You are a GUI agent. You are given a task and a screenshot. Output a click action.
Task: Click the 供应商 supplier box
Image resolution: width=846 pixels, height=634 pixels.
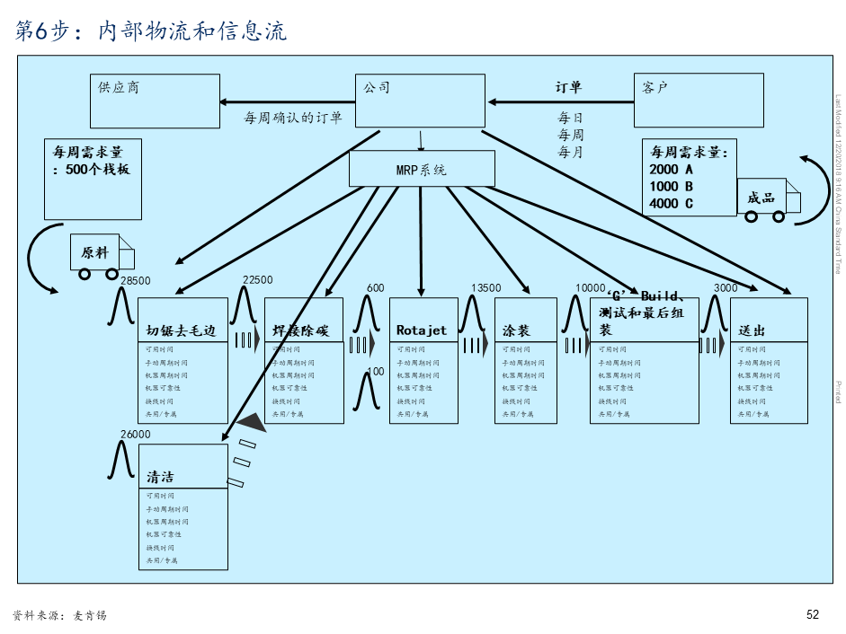(x=155, y=101)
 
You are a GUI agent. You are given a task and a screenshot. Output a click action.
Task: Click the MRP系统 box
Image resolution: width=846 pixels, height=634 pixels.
(x=422, y=169)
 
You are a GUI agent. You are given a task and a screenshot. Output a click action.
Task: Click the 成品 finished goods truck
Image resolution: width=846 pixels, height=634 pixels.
(x=768, y=198)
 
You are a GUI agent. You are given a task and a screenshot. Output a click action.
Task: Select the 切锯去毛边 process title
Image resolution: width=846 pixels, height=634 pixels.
(x=182, y=330)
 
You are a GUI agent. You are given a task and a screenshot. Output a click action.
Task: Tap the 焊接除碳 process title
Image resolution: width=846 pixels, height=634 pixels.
(x=301, y=330)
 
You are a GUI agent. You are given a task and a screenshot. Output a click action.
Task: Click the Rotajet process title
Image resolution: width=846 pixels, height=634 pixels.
(x=422, y=330)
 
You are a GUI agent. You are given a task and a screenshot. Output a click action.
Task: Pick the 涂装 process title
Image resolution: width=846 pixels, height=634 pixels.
(x=516, y=330)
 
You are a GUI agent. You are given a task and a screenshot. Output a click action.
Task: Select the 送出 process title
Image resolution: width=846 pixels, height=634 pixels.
(x=752, y=330)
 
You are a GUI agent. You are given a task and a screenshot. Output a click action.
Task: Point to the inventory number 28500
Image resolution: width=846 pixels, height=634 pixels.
(x=135, y=281)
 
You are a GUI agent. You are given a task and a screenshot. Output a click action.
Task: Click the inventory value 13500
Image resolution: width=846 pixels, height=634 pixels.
(x=485, y=287)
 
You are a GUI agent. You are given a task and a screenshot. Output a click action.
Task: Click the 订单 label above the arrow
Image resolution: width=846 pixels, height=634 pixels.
(x=568, y=87)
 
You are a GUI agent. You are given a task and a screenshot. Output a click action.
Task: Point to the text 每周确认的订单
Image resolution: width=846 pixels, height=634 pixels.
(x=293, y=118)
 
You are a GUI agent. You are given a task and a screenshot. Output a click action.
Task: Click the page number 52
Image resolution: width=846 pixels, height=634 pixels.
(x=813, y=615)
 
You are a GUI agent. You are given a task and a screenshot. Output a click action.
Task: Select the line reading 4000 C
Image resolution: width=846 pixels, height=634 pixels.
(x=671, y=204)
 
